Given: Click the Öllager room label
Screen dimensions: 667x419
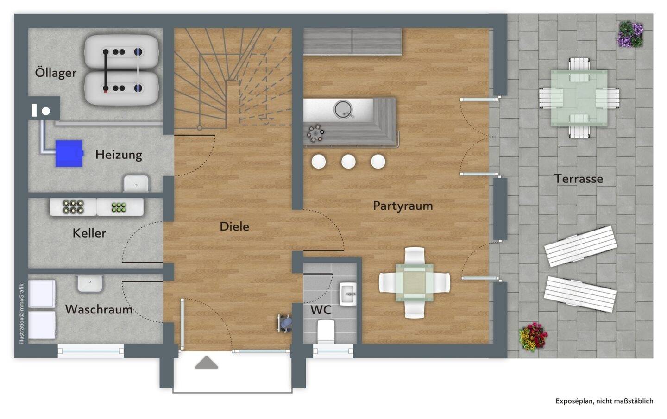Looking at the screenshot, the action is pyautogui.click(x=56, y=73).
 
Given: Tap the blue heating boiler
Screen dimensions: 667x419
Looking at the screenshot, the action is pyautogui.click(x=69, y=154).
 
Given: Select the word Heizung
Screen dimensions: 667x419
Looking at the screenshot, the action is pyautogui.click(x=119, y=155).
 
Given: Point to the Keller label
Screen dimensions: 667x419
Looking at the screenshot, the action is pyautogui.click(x=89, y=233).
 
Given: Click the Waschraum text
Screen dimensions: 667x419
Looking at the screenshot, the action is pyautogui.click(x=99, y=309).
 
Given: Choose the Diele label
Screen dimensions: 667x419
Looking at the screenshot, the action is pyautogui.click(x=234, y=227).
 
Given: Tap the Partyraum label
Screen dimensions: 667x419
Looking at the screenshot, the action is pyautogui.click(x=403, y=206).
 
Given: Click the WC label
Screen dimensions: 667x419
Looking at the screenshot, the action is pyautogui.click(x=321, y=310).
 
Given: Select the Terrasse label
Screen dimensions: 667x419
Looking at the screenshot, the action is pyautogui.click(x=579, y=179).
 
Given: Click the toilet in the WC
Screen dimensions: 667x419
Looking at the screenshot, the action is pyautogui.click(x=326, y=332).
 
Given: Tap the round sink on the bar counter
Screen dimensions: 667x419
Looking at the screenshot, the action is pyautogui.click(x=343, y=109).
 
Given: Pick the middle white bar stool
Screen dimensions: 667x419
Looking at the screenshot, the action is pyautogui.click(x=348, y=162).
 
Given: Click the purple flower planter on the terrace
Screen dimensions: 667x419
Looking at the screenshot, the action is pyautogui.click(x=631, y=34).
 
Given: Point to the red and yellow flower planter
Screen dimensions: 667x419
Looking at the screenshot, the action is pyautogui.click(x=533, y=338).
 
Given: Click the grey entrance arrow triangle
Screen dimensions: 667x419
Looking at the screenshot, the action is pyautogui.click(x=207, y=363).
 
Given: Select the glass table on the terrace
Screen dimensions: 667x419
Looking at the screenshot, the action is pyautogui.click(x=579, y=98).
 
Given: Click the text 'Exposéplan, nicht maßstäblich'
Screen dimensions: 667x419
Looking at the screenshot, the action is pyautogui.click(x=604, y=401).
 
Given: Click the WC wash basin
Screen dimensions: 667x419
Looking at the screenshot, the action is pyautogui.click(x=348, y=294).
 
